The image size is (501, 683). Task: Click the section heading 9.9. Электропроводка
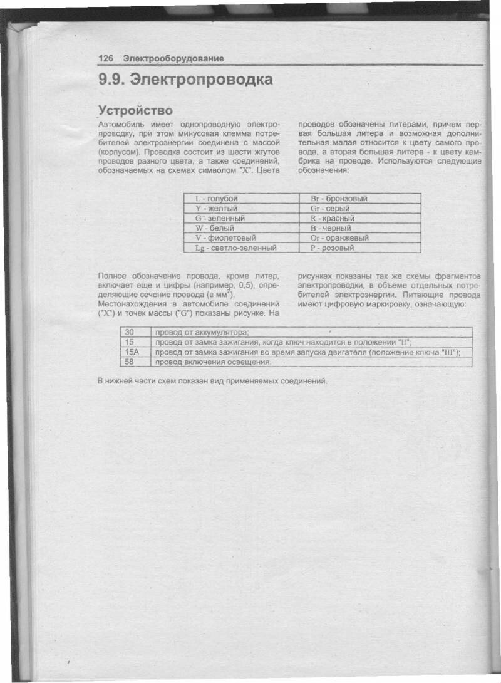185,80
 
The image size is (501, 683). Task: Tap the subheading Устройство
136,111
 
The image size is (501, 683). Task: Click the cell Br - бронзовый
339,198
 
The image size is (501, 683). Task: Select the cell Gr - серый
329,208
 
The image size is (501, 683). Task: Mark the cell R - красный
333,218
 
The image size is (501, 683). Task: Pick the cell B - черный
331,228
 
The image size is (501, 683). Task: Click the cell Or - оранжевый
339,238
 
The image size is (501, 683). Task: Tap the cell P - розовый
332,248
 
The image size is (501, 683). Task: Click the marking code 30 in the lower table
130,332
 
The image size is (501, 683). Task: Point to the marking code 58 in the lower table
130,362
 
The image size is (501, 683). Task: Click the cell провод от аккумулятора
202,332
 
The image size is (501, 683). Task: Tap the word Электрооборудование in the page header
173,58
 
